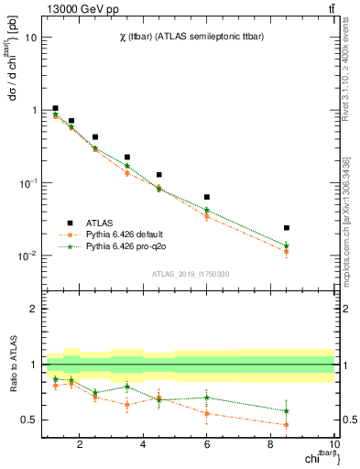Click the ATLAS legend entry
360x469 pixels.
click(92, 223)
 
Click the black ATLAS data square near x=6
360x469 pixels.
click(207, 197)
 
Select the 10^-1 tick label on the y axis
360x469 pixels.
click(27, 183)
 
